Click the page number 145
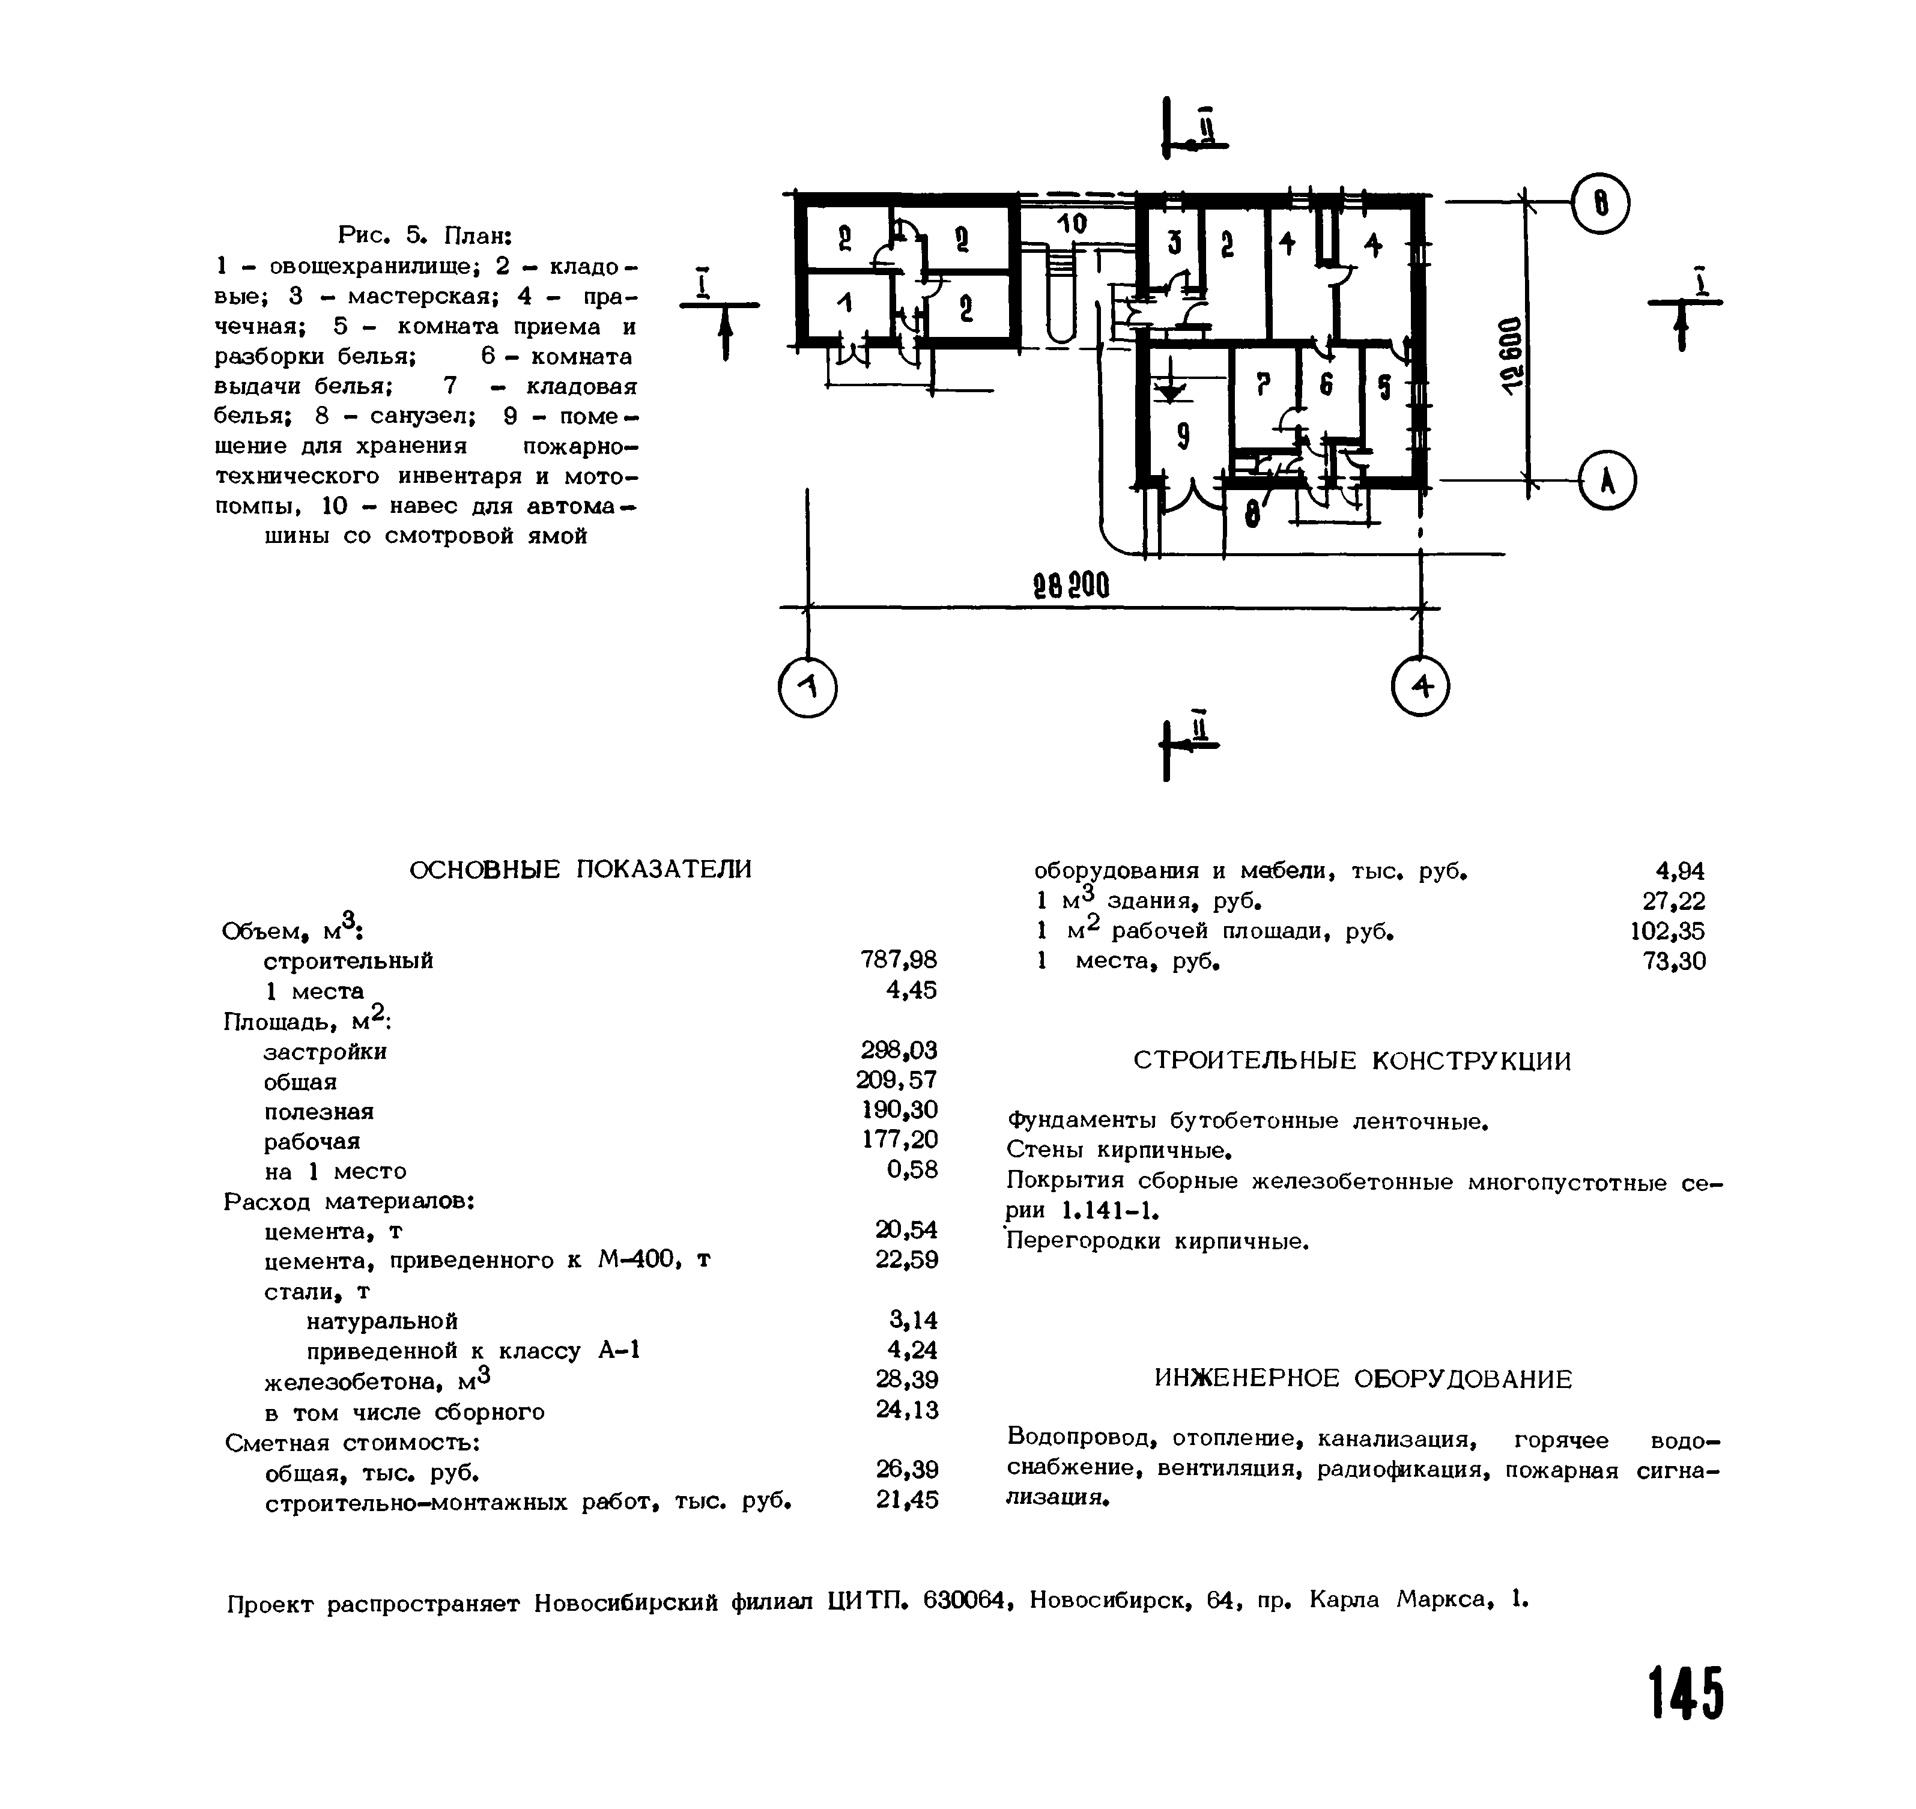(x=1685, y=1693)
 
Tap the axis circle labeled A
(x=1607, y=480)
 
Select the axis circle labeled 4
(x=1421, y=686)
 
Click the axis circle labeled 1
(x=808, y=688)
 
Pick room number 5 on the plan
(x=1384, y=387)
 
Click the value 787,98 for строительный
(x=898, y=960)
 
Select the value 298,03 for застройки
(x=899, y=1050)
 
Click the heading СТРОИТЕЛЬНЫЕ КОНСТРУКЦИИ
(x=1352, y=1062)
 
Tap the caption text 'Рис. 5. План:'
(x=424, y=235)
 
